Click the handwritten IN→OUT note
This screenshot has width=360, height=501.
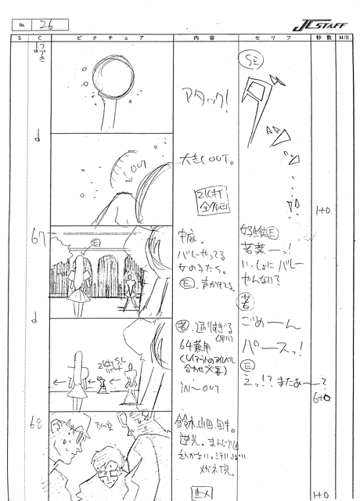point(204,385)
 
